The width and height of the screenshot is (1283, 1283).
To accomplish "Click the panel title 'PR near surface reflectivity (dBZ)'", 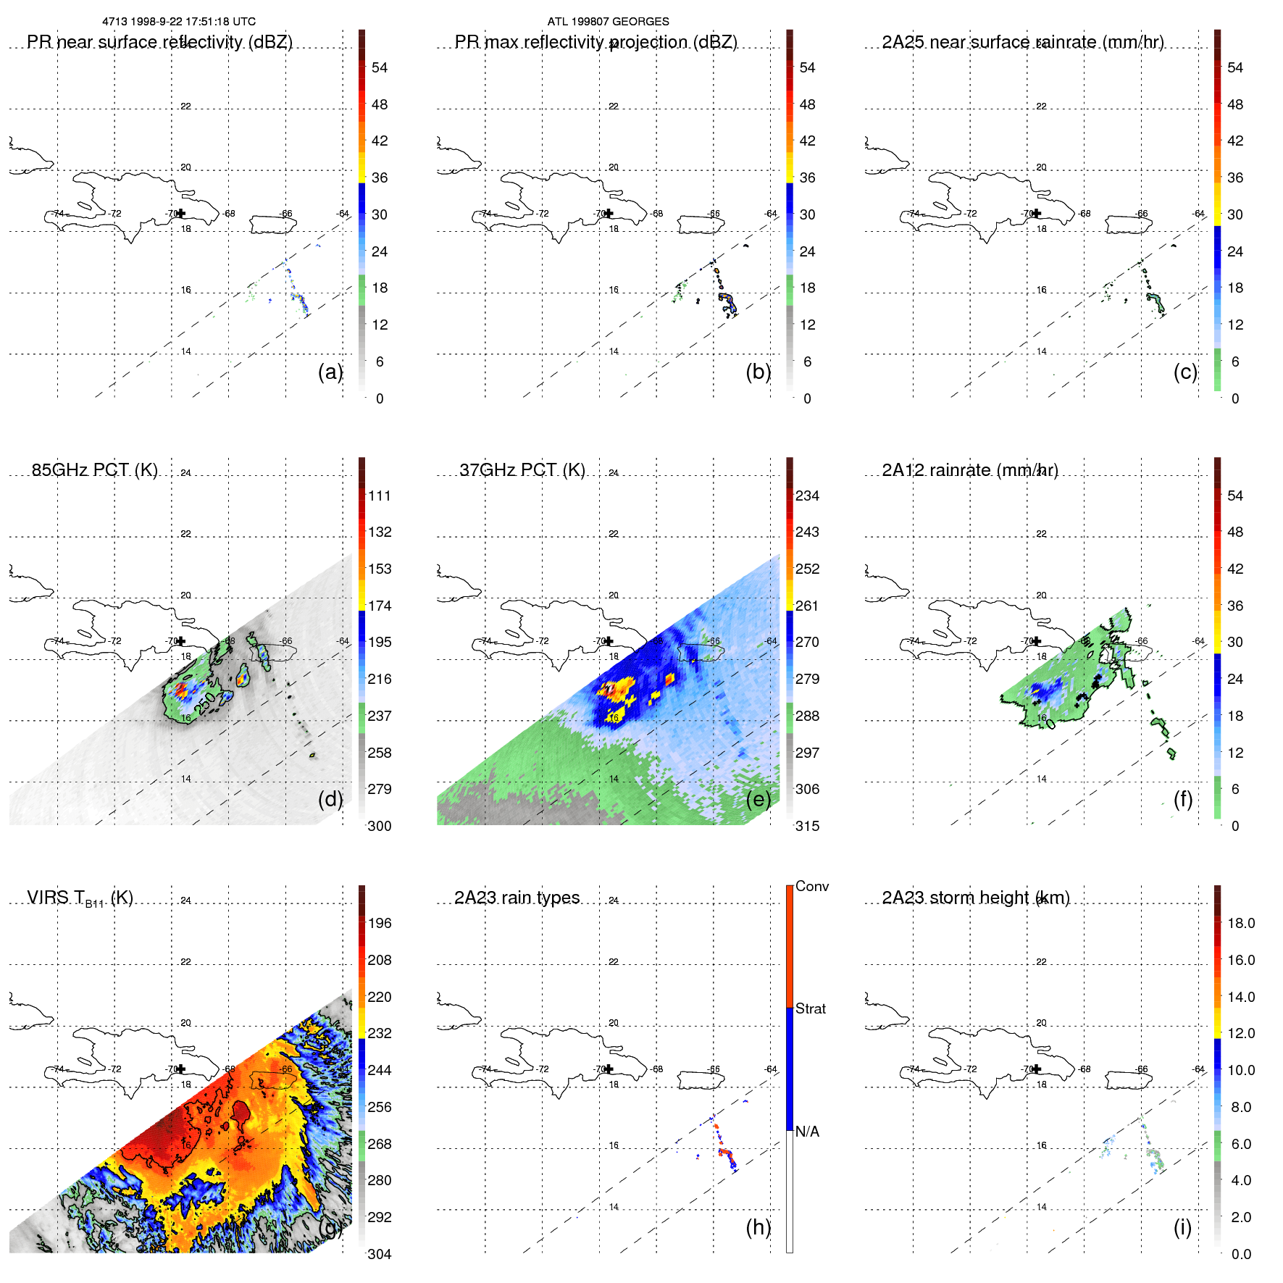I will (159, 42).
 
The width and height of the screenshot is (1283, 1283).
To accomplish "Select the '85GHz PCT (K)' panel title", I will (95, 470).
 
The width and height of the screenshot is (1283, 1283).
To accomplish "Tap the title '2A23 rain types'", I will (517, 898).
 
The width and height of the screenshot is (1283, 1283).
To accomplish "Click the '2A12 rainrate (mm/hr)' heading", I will (970, 470).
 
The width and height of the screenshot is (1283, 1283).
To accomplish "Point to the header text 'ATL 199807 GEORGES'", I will (608, 22).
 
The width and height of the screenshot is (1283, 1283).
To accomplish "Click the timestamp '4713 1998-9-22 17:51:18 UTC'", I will (179, 22).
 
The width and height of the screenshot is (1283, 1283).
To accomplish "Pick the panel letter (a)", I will (330, 372).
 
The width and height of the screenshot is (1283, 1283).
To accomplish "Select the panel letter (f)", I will (1182, 799).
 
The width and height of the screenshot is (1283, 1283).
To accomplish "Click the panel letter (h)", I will (758, 1226).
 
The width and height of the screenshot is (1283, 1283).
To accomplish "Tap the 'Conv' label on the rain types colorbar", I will (811, 886).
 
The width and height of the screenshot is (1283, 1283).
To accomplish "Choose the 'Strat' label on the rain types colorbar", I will (810, 1008).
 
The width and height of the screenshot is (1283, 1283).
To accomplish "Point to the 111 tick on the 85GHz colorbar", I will (379, 496).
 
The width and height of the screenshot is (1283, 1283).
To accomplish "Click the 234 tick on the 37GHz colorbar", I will (807, 496).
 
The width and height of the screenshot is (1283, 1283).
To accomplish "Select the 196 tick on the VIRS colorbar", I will (379, 923).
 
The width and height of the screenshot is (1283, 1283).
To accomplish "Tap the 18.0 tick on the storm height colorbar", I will (1240, 923).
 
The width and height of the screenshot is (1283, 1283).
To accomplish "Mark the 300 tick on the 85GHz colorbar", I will (379, 826).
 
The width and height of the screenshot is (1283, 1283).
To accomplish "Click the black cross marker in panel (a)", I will (180, 213).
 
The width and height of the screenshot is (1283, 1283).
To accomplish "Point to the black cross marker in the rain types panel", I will (609, 1069).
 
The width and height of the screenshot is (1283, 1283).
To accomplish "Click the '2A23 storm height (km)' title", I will (975, 898).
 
